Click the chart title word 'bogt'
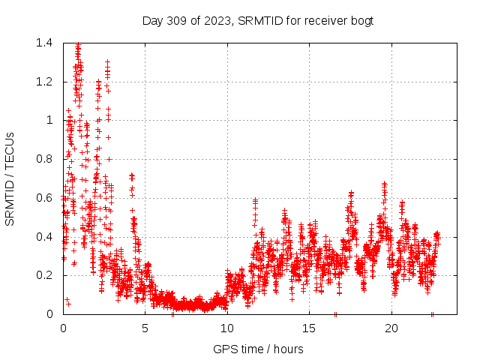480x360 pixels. coord(361,20)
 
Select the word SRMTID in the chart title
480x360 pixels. coord(259,20)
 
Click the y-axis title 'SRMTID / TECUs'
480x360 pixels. coord(10,178)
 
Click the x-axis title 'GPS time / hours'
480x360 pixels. coord(258,349)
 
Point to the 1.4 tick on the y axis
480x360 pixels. coord(44,43)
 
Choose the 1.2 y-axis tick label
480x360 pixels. coord(44,82)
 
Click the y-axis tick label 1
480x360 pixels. coord(49,120)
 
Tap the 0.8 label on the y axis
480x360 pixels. coord(44,159)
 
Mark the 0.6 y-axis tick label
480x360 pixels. coord(44,198)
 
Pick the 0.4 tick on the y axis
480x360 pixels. coord(44,237)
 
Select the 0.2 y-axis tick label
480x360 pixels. coord(44,275)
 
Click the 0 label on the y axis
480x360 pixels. coord(49,314)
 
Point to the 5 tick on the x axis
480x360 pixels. coord(145,328)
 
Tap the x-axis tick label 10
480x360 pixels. coord(227,328)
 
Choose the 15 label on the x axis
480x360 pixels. coord(309,328)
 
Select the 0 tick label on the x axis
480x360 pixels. coord(63,328)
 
